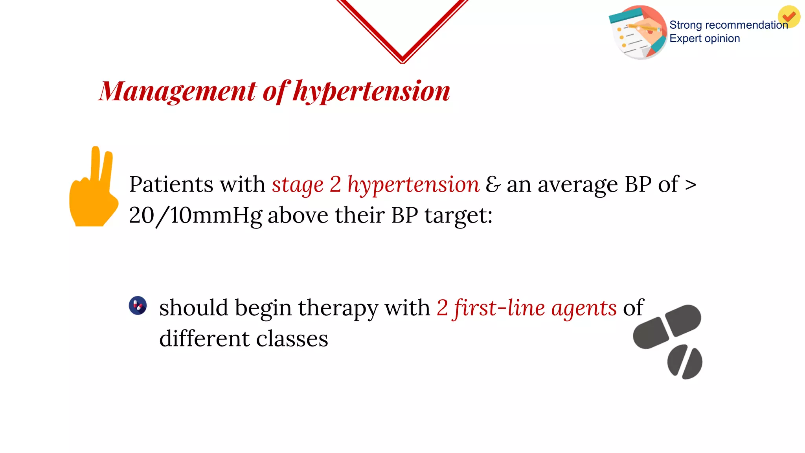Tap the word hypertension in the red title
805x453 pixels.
(x=371, y=91)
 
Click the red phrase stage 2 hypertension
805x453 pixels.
(x=375, y=185)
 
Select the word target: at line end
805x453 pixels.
(x=458, y=215)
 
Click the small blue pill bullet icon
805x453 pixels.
(x=138, y=306)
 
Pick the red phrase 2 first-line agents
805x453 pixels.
(x=526, y=308)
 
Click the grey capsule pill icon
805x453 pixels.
(x=667, y=326)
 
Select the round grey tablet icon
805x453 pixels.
(x=684, y=362)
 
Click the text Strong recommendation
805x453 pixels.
(x=728, y=25)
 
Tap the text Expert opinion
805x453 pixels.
(x=704, y=39)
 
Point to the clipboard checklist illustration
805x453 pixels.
(x=638, y=32)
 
